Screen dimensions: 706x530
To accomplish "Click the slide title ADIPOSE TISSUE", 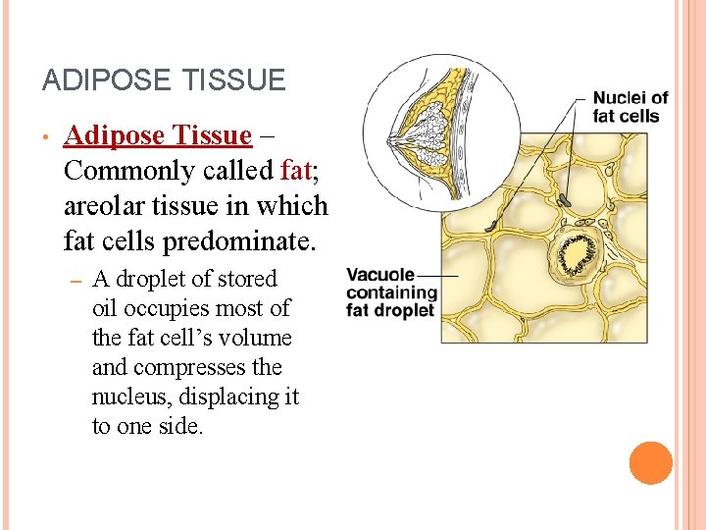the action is point(164,79).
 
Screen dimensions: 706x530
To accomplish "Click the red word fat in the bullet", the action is point(295,171).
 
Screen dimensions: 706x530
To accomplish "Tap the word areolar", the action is point(106,206).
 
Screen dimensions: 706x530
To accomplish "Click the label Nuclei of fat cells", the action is point(630,107).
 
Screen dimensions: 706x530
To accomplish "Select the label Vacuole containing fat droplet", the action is point(390,292).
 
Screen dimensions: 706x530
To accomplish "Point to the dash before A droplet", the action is point(75,281).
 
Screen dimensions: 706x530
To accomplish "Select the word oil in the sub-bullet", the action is point(104,309).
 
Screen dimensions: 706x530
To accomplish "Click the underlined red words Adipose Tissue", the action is point(157,135).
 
